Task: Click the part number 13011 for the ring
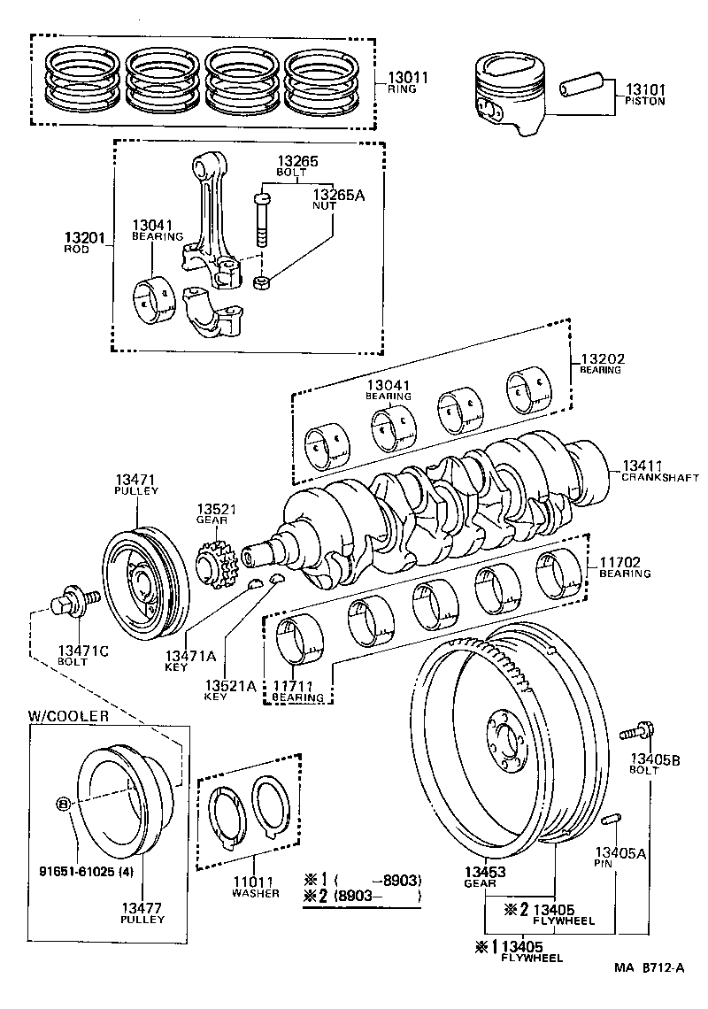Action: [407, 78]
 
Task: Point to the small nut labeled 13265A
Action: [261, 283]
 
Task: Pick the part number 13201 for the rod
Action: [85, 237]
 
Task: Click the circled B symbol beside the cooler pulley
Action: [63, 805]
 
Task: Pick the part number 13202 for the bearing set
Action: [603, 358]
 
